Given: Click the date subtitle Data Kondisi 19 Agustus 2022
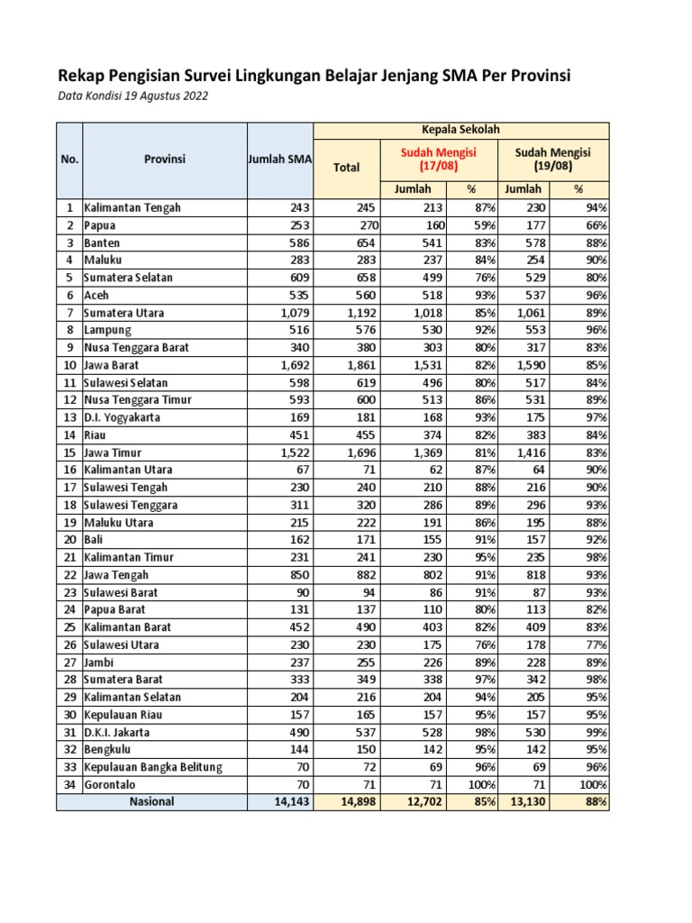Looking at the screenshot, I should [x=132, y=96].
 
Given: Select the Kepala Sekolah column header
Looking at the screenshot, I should [x=460, y=130].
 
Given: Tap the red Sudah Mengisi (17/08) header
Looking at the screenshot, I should [x=439, y=160].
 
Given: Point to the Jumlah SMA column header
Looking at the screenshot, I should [x=279, y=160].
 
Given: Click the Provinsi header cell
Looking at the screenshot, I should [x=165, y=160].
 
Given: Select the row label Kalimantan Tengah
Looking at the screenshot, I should [x=132, y=207].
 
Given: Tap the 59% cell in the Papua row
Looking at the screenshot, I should [x=482, y=225].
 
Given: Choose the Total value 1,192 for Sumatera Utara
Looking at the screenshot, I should [x=360, y=313].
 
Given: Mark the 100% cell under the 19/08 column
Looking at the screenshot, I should [x=592, y=784].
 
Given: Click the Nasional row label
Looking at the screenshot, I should [x=151, y=801].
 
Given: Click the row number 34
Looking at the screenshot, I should [x=68, y=784].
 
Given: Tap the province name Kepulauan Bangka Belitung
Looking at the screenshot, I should [x=153, y=767].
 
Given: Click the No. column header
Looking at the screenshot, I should [x=69, y=160].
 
